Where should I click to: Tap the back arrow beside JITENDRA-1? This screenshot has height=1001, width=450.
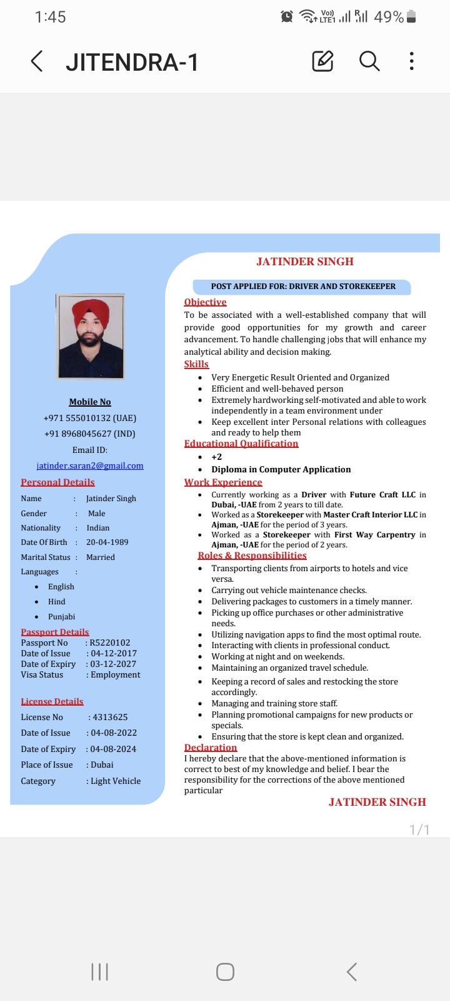click(37, 61)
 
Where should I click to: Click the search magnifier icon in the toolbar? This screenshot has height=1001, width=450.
click(369, 61)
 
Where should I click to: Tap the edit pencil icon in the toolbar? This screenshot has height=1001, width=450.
click(322, 61)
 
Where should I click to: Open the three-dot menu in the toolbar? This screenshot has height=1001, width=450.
click(411, 61)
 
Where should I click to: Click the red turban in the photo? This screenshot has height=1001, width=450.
click(91, 312)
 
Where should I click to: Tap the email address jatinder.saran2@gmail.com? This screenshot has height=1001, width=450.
click(90, 465)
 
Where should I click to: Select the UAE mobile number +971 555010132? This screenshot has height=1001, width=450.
click(89, 418)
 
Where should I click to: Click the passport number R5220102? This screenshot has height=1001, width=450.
click(110, 643)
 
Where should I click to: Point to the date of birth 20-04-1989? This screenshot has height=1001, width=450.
click(107, 542)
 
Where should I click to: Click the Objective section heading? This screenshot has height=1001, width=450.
click(205, 302)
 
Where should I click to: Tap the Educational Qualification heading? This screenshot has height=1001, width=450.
click(241, 444)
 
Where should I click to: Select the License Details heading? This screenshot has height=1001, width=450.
click(52, 701)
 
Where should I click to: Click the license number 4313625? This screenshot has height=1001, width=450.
click(110, 717)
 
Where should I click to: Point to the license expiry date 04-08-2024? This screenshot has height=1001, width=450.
click(113, 749)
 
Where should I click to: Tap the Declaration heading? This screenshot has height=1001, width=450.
click(211, 747)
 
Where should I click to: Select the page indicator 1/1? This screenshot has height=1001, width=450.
click(419, 830)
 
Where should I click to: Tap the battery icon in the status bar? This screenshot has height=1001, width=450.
click(411, 17)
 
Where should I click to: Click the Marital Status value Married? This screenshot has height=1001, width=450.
click(101, 557)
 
